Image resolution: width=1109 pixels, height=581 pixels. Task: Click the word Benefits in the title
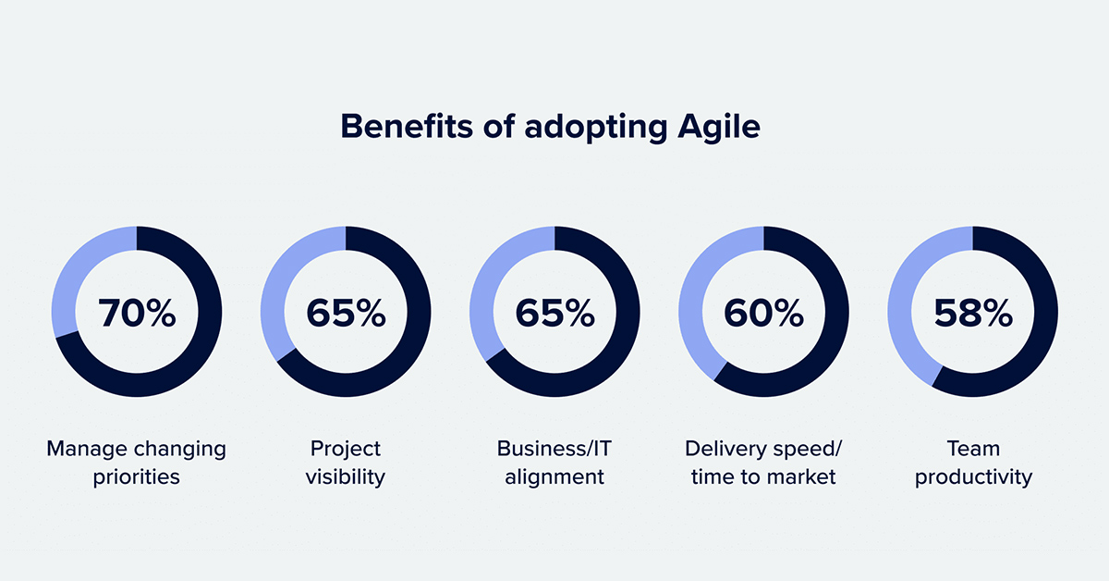[407, 126]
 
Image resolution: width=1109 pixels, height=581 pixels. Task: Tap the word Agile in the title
[719, 128]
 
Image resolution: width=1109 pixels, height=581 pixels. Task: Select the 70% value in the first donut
[137, 313]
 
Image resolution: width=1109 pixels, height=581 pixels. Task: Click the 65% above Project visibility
[346, 313]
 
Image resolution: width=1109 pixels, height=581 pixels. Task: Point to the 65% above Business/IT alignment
[554, 313]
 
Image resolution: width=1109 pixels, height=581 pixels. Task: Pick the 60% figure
[763, 313]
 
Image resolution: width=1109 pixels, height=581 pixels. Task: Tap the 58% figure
[973, 313]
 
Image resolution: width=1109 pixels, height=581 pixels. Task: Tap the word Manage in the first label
[87, 449]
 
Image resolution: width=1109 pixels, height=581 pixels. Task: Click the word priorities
[136, 477]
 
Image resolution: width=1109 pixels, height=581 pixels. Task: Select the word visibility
[345, 477]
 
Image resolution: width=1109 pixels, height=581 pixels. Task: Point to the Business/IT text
[554, 449]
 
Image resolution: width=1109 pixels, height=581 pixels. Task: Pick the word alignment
[554, 477]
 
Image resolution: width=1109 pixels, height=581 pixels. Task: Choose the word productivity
[973, 477]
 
